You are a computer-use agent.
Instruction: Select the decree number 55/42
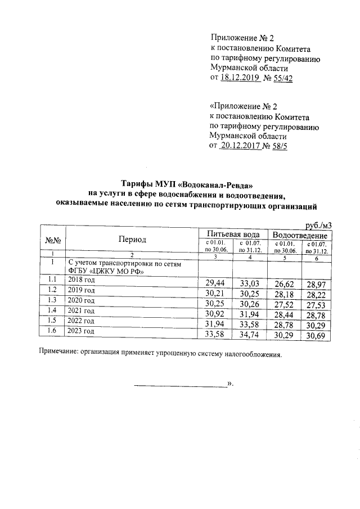(280, 78)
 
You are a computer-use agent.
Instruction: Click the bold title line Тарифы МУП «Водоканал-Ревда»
(183, 184)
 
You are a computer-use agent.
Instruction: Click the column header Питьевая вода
(233, 233)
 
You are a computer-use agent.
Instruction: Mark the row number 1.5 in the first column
(52, 321)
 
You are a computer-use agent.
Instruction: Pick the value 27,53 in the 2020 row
(316, 304)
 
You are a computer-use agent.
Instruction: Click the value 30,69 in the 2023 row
(316, 336)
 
